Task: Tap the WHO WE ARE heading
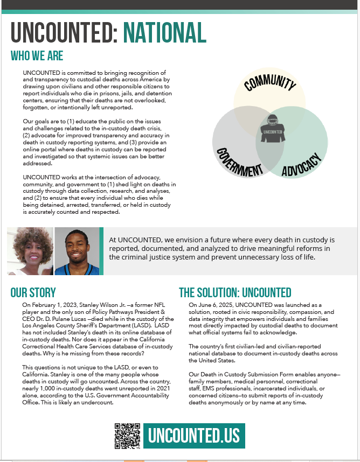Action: click(37, 56)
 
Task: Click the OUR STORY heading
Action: click(33, 293)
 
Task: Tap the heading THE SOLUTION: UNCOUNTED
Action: click(235, 293)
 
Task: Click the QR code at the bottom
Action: click(127, 436)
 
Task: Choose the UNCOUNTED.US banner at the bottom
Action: click(194, 436)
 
